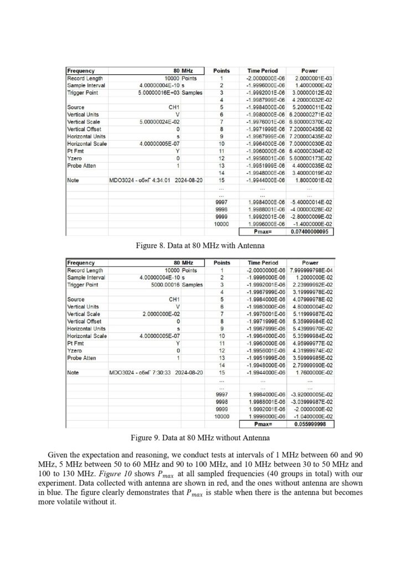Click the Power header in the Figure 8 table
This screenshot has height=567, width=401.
310,71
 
